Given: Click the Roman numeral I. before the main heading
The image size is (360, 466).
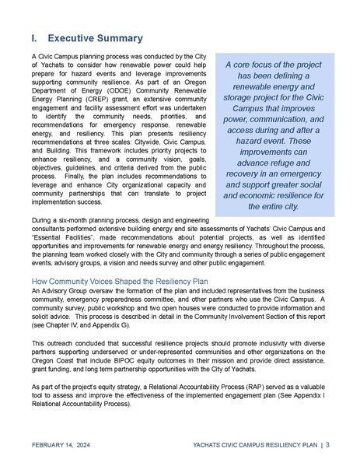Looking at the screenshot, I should click(x=34, y=38).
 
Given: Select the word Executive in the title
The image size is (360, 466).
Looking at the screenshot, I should click(x=76, y=38).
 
